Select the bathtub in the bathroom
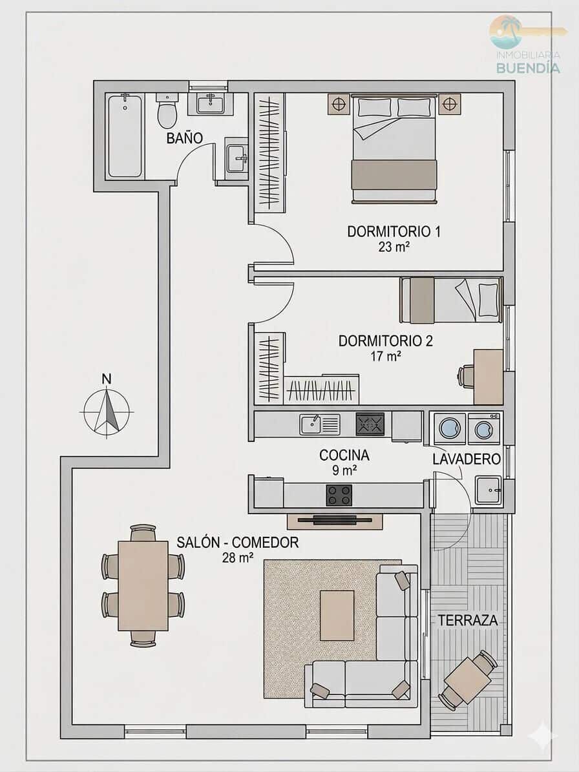(125, 136)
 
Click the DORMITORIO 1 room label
(394, 231)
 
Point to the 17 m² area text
(385, 355)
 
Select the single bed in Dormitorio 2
(451, 300)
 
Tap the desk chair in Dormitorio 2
(467, 376)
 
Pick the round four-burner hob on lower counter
(339, 496)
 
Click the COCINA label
(344, 455)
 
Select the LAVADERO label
(467, 459)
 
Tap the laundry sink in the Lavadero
(488, 490)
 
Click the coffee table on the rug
(337, 615)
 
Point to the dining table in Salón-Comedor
(143, 585)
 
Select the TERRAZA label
(468, 620)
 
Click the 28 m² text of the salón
(237, 558)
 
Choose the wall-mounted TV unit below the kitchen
(335, 520)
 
